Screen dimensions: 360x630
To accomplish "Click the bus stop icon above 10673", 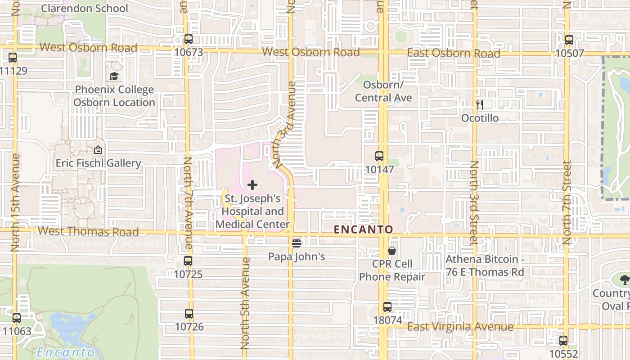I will tap(189, 39).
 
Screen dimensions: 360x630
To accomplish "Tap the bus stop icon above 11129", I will tap(13, 58).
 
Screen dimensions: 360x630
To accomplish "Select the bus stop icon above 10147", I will tap(379, 156).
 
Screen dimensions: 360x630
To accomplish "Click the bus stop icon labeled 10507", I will tap(569, 40).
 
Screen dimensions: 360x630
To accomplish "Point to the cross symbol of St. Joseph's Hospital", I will tap(252, 184).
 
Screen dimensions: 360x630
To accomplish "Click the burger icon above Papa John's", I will tap(297, 243).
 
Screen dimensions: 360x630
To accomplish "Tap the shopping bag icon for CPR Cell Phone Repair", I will tap(392, 251).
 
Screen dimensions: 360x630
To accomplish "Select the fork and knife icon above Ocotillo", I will tap(480, 105).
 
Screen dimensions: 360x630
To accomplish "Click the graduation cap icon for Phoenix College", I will tap(114, 76).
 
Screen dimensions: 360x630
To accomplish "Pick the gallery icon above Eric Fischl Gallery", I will tap(98, 150).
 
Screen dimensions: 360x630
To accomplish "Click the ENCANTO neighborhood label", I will tap(364, 229).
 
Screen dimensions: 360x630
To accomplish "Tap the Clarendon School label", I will tap(84, 8).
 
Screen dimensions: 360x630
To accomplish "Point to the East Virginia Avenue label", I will tap(460, 327).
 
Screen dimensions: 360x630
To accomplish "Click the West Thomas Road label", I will tap(88, 232).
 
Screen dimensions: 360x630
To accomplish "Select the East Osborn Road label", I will tap(453, 53).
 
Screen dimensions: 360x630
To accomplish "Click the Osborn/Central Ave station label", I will tap(383, 91).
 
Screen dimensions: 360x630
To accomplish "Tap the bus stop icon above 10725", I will tap(188, 261).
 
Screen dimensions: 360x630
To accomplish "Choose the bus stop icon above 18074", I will tap(387, 307).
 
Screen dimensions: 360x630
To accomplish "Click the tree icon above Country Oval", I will tap(625, 280).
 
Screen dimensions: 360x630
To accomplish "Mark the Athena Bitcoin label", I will tap(485, 265).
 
